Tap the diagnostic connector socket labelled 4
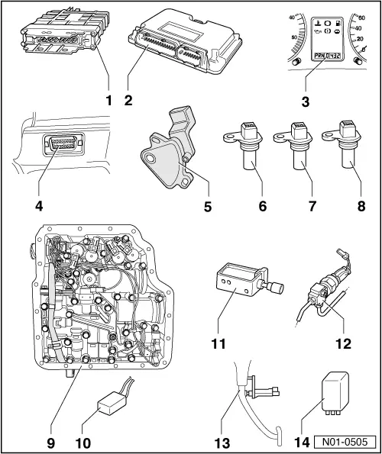(57, 149)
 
